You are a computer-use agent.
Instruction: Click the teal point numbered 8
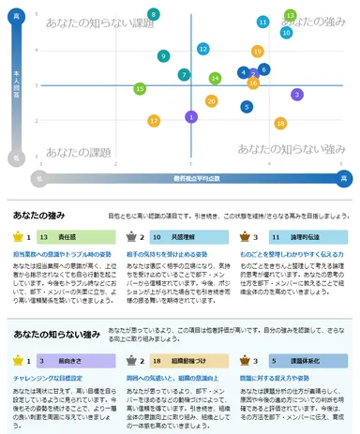tap(154, 13)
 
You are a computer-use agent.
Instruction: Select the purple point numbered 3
tap(297, 94)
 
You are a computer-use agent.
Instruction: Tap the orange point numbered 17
tap(155, 121)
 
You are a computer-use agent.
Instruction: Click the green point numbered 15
tap(140, 88)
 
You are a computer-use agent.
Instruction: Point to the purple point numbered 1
tap(192, 117)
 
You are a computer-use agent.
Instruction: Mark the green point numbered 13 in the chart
tap(291, 15)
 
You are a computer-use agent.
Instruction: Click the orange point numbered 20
tap(212, 101)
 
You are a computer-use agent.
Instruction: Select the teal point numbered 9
tap(163, 56)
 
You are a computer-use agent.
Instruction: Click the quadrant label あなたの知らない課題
tap(92, 21)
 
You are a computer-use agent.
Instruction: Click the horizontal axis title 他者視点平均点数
tap(189, 177)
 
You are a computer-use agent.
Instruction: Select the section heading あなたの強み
tap(39, 214)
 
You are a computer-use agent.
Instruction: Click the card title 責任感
tap(67, 237)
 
